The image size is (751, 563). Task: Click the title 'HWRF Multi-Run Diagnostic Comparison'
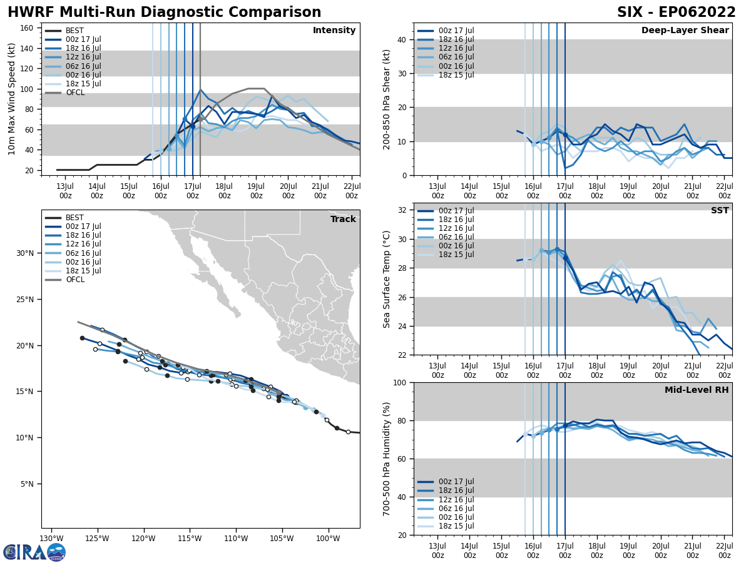[x=164, y=13]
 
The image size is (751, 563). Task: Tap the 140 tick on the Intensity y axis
[x=28, y=48]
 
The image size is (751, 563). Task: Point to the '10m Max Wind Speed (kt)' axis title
[x=11, y=99]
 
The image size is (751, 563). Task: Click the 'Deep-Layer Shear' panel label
[x=685, y=31]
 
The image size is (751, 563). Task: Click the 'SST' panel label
[x=719, y=211]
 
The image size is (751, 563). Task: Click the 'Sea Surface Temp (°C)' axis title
[x=387, y=279]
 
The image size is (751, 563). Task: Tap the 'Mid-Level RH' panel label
[x=696, y=390]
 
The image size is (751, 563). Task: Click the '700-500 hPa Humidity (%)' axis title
[x=387, y=459]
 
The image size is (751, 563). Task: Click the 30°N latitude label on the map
[x=25, y=253]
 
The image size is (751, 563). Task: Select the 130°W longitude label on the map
[x=51, y=539]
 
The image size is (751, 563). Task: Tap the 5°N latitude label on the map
[x=28, y=484]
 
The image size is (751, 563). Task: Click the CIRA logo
[x=34, y=552]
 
